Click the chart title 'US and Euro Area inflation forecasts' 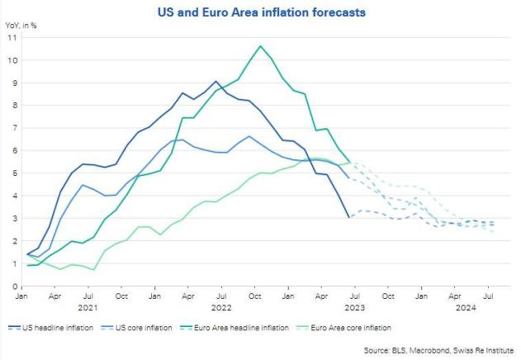[262, 12]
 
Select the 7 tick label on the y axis [14, 128]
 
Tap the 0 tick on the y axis [14, 286]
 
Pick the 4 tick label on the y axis [14, 196]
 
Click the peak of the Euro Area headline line [261, 46]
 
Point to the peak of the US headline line [216, 82]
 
